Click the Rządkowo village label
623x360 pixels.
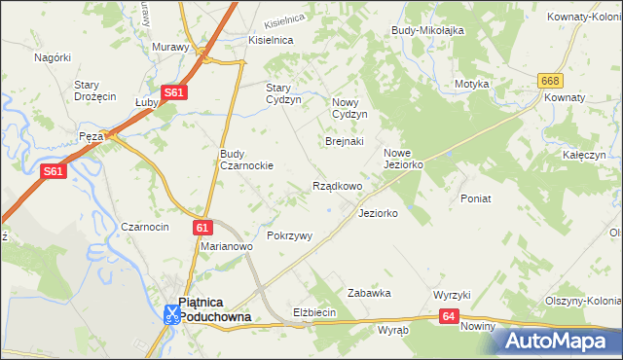(337, 186)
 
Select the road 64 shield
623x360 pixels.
(448, 315)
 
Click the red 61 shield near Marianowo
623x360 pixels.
(202, 228)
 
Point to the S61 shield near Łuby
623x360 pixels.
(173, 92)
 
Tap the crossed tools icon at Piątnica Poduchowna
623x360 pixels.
(170, 313)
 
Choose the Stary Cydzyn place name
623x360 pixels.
(284, 92)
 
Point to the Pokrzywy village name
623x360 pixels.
(289, 235)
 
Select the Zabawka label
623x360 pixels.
(369, 292)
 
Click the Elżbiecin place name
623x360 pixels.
(314, 312)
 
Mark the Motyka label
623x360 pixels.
(471, 84)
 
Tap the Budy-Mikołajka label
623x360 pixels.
(427, 30)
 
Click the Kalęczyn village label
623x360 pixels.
(584, 155)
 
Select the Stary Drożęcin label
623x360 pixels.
(95, 90)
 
